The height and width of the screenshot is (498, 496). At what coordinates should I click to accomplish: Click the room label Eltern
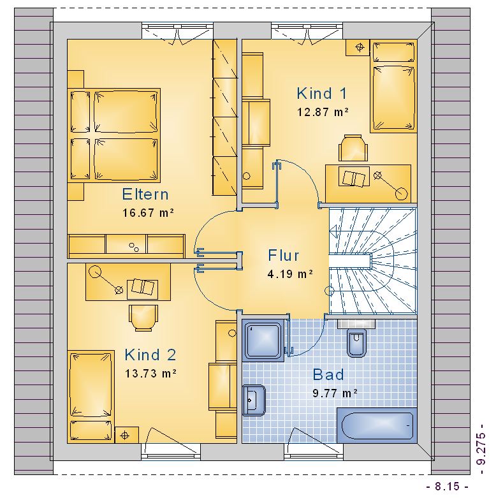click(145, 194)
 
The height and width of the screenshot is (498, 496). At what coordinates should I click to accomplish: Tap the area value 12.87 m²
click(323, 112)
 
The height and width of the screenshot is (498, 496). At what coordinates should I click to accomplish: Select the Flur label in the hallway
click(284, 255)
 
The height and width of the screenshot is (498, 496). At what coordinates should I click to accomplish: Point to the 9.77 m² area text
click(335, 393)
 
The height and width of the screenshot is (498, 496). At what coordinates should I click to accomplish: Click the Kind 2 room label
click(150, 355)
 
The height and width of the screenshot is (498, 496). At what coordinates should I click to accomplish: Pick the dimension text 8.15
click(447, 487)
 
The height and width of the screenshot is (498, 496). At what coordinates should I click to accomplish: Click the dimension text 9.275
click(482, 448)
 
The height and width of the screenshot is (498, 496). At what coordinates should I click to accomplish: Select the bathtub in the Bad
click(377, 425)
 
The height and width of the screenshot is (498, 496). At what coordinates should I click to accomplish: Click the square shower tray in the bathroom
click(263, 340)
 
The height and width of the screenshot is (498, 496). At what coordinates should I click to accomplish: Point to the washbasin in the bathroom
click(254, 400)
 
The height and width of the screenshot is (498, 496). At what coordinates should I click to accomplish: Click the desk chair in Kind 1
click(353, 148)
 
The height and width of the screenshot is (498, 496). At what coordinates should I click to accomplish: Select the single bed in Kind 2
click(91, 397)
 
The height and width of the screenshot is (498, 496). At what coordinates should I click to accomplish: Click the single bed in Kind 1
click(393, 85)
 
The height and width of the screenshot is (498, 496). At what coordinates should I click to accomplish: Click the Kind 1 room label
click(322, 93)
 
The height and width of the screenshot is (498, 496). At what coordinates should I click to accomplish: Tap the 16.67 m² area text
click(148, 212)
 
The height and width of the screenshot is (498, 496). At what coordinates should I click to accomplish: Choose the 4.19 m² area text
click(290, 274)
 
